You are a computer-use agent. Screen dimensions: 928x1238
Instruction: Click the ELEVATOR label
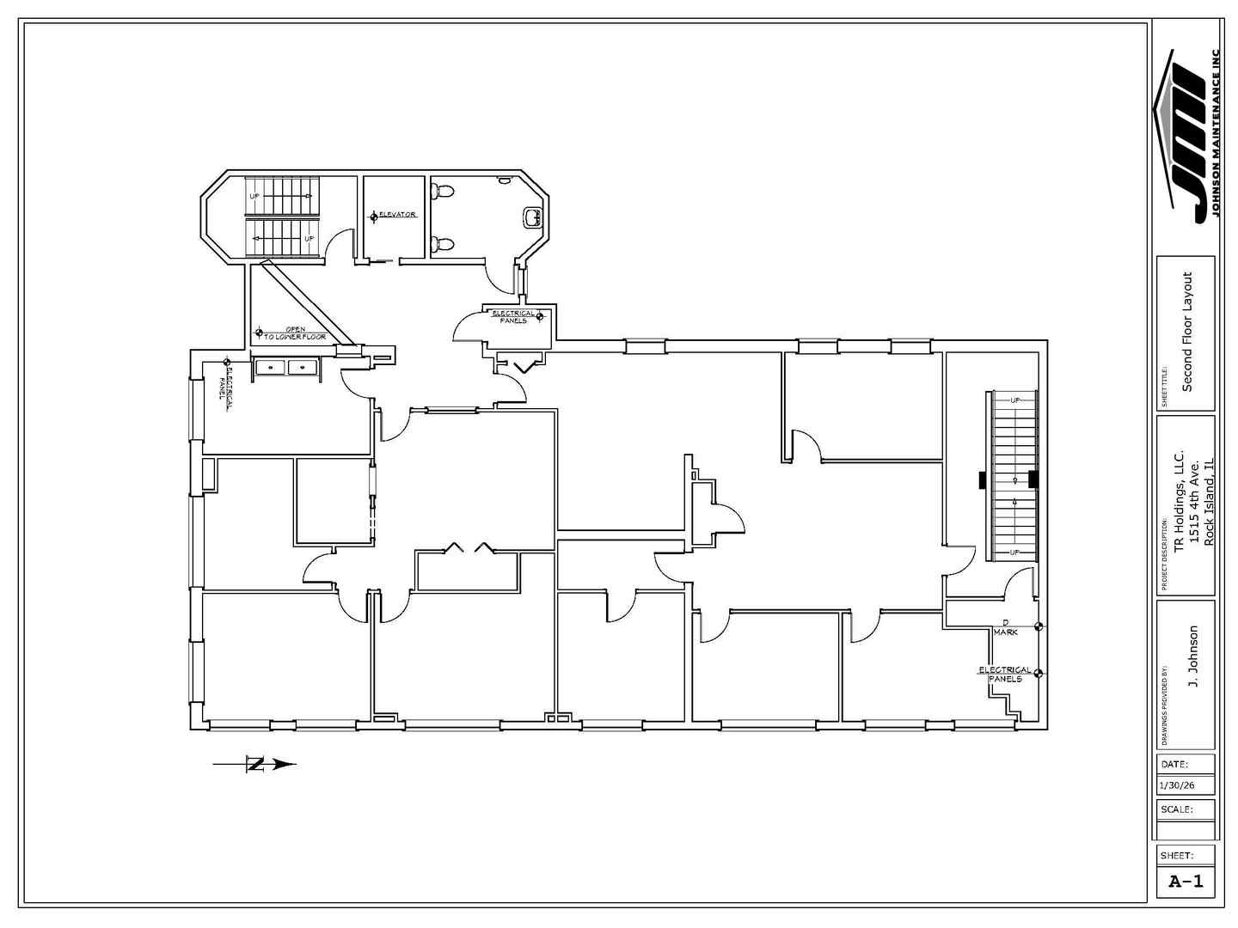[398, 214]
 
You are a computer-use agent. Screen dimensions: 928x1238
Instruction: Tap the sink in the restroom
[533, 217]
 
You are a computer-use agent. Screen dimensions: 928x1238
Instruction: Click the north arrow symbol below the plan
[255, 763]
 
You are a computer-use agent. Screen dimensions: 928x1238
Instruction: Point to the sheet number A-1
[1186, 881]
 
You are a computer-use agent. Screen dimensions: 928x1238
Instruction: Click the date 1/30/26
[1176, 786]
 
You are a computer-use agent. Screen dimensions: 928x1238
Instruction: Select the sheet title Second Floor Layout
[1187, 332]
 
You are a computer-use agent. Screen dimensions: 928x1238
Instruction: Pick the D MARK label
[1006, 627]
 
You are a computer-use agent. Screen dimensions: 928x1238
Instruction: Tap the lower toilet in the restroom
[442, 244]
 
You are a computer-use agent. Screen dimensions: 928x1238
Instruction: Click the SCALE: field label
[1176, 809]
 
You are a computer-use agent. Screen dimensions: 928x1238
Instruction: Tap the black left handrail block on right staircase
[981, 479]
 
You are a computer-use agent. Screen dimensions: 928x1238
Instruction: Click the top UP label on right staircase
[1014, 400]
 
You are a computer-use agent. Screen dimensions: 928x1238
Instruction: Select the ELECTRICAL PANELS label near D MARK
[1004, 674]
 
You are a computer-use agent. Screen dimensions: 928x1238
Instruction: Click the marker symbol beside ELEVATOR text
[374, 217]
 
